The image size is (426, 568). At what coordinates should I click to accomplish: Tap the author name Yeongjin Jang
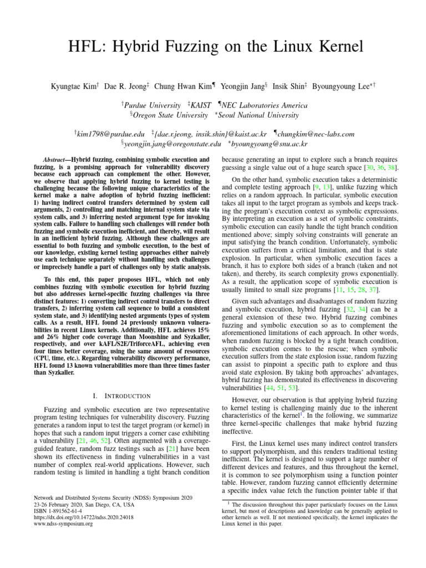[x=242, y=87]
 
